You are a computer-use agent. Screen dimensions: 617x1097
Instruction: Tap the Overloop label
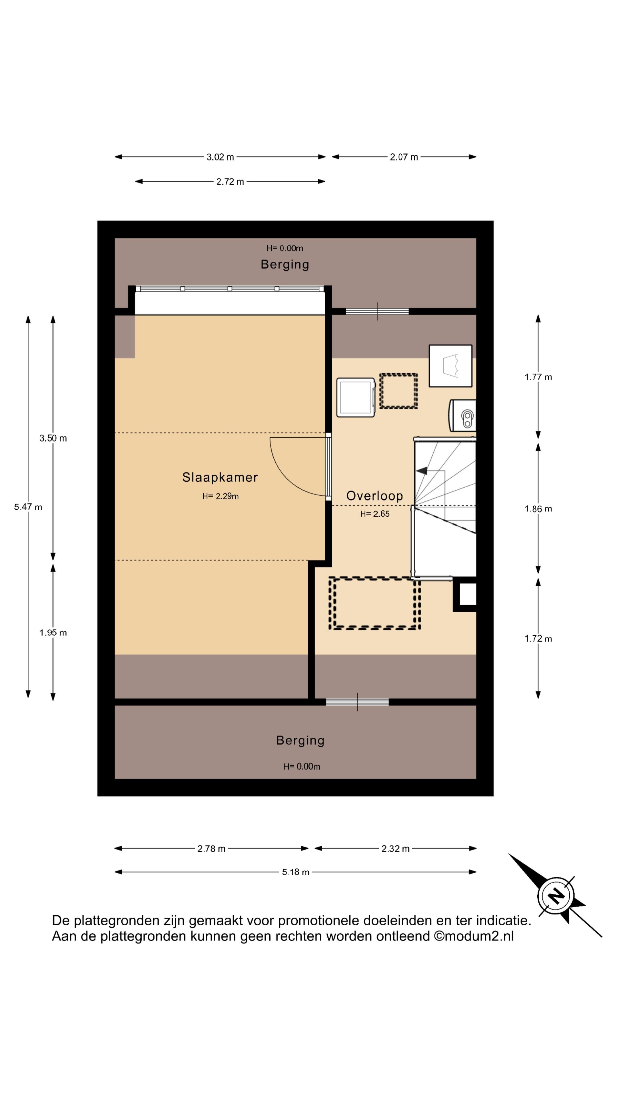pyautogui.click(x=374, y=496)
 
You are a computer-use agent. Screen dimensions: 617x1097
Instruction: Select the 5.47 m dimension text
pyautogui.click(x=28, y=507)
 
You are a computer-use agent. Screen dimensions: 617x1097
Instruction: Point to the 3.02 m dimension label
pyautogui.click(x=220, y=157)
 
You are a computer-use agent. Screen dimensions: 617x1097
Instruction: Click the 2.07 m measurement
pyautogui.click(x=404, y=157)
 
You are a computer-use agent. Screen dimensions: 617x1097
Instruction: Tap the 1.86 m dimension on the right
pyautogui.click(x=538, y=509)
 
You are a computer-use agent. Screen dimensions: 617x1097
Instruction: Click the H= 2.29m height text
pyautogui.click(x=220, y=496)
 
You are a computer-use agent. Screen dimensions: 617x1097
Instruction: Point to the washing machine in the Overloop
pyautogui.click(x=356, y=397)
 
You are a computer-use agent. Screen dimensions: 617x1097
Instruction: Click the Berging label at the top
pyautogui.click(x=285, y=265)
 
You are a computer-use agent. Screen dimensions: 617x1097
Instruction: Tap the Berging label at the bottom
pyautogui.click(x=300, y=740)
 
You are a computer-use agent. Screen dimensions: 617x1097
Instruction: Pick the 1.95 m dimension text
pyautogui.click(x=53, y=632)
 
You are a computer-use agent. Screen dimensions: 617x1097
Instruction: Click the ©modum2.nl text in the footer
pyautogui.click(x=474, y=936)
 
